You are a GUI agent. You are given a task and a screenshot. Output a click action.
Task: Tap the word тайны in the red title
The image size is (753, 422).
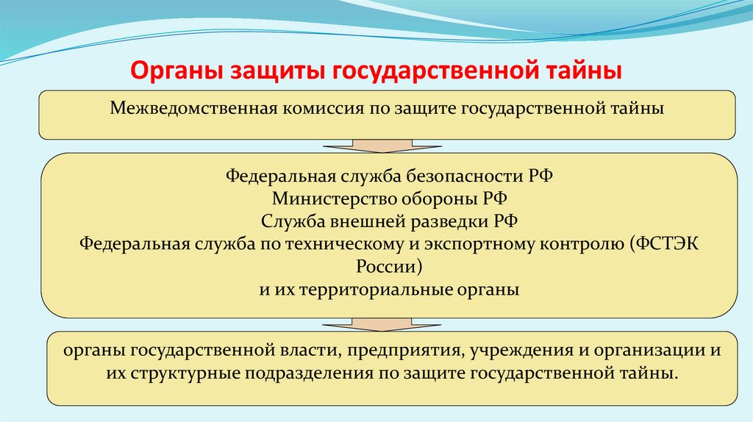coord(585,71)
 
